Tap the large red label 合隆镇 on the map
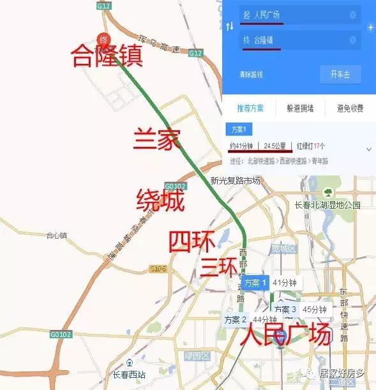tap(107, 57)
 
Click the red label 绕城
tap(160, 202)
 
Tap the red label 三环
tap(219, 266)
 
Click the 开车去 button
tap(340, 74)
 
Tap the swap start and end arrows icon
tap(230, 26)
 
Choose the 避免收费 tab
tap(349, 109)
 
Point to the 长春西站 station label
tap(130, 375)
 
